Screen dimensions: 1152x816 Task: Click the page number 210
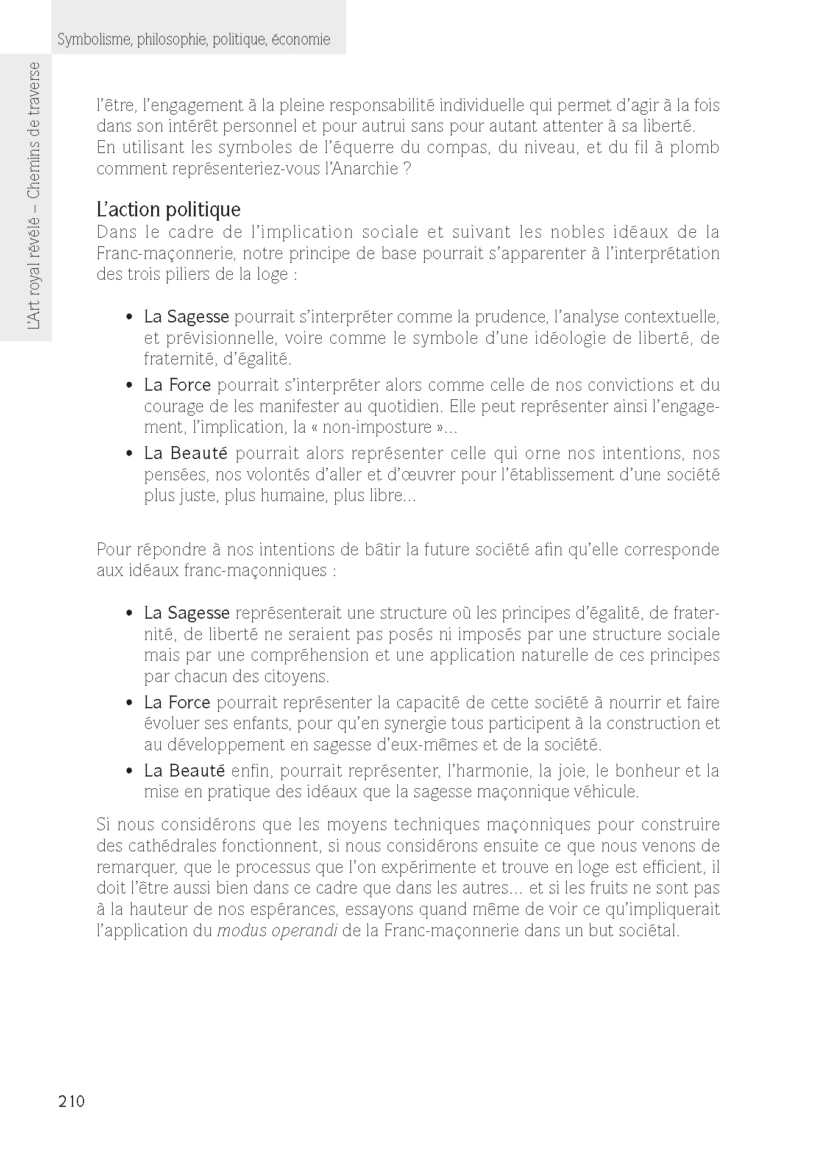[71, 1101]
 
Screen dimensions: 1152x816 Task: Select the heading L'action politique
[168, 210]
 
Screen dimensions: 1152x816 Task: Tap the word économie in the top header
[301, 40]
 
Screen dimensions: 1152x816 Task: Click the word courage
[171, 406]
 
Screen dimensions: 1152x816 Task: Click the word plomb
[695, 148]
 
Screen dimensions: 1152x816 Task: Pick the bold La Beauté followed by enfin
[185, 771]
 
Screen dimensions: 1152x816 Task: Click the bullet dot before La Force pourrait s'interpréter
[129, 386]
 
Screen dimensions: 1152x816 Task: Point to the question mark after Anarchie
[407, 169]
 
